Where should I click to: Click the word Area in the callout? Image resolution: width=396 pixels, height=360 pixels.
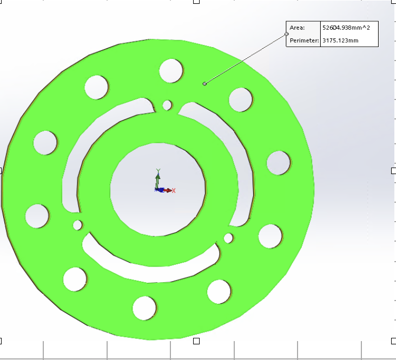(297, 28)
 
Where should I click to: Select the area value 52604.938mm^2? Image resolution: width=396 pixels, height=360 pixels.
(346, 28)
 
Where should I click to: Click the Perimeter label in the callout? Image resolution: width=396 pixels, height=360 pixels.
(303, 41)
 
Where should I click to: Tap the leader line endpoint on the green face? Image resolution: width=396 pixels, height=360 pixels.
(204, 83)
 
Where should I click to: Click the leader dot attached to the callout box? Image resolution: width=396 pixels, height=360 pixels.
(287, 34)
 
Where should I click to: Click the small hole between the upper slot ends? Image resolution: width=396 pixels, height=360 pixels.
(167, 104)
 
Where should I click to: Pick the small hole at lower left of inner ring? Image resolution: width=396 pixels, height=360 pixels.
(77, 224)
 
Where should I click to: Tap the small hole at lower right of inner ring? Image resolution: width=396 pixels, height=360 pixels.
(228, 238)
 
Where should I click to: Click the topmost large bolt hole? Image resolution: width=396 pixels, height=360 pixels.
(171, 70)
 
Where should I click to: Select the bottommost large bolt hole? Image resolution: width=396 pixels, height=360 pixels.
(144, 308)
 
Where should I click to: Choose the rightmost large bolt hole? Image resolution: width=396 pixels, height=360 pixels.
(278, 163)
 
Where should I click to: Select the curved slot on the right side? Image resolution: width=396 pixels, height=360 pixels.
(242, 173)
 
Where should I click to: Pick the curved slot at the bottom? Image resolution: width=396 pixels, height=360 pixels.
(151, 268)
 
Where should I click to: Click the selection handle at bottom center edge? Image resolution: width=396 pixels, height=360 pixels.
(196, 341)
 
